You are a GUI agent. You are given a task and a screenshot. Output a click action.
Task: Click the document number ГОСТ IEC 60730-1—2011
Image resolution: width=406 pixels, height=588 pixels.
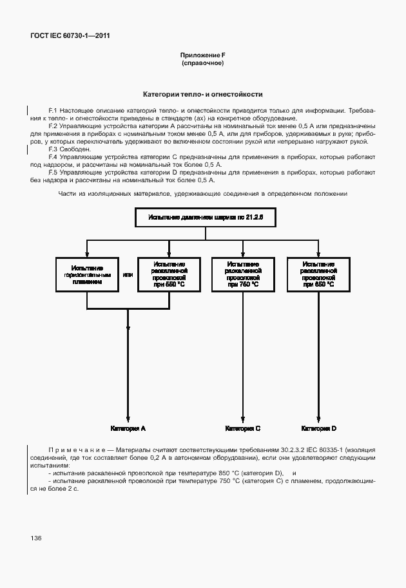(x=70, y=36)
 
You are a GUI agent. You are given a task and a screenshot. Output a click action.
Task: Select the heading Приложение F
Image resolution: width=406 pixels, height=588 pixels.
(x=203, y=57)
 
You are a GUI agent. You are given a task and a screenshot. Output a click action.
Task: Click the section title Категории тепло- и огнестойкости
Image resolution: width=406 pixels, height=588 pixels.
(x=203, y=94)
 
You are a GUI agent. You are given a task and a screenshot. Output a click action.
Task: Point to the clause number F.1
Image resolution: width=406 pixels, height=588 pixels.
(x=53, y=111)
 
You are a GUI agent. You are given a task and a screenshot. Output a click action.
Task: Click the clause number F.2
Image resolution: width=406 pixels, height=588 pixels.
(x=53, y=126)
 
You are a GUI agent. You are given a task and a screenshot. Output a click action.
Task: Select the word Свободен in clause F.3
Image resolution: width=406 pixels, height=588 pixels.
(x=76, y=149)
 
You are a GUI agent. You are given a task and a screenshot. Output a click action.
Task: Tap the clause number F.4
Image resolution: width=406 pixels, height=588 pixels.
(x=53, y=157)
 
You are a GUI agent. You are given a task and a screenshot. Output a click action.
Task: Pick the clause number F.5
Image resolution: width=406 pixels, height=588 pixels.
(x=53, y=173)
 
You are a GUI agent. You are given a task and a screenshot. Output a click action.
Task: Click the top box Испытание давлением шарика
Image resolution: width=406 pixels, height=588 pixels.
(x=202, y=218)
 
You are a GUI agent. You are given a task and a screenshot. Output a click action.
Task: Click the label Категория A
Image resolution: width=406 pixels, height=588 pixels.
(x=128, y=428)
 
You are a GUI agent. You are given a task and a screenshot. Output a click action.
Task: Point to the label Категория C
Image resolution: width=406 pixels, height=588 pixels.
(x=242, y=428)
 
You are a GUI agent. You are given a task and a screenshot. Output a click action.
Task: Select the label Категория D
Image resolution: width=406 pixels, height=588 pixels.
(x=318, y=428)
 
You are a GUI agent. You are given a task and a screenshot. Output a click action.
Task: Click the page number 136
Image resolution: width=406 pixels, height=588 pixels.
(x=35, y=537)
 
